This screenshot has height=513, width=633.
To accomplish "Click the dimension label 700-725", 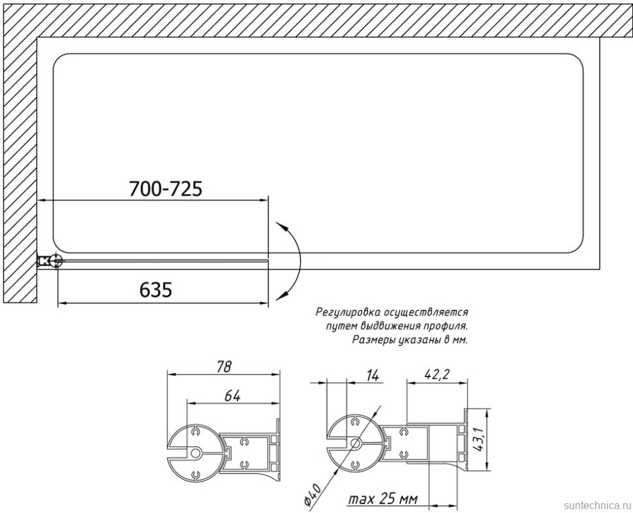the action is [166, 188].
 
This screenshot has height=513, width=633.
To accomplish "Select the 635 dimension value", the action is [156, 290].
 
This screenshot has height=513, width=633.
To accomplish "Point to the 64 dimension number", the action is [233, 396].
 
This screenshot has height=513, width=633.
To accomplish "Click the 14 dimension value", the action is [373, 376].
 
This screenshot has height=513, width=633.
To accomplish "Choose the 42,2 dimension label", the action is [437, 374].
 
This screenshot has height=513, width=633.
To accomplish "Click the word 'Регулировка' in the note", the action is [348, 313].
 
